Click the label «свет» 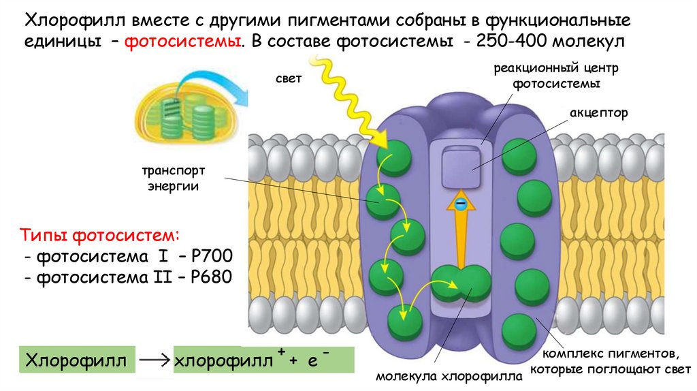click(288, 80)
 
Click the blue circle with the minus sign click(461, 204)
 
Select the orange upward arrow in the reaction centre click(461, 232)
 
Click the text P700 click(212, 257)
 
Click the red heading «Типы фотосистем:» click(99, 236)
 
